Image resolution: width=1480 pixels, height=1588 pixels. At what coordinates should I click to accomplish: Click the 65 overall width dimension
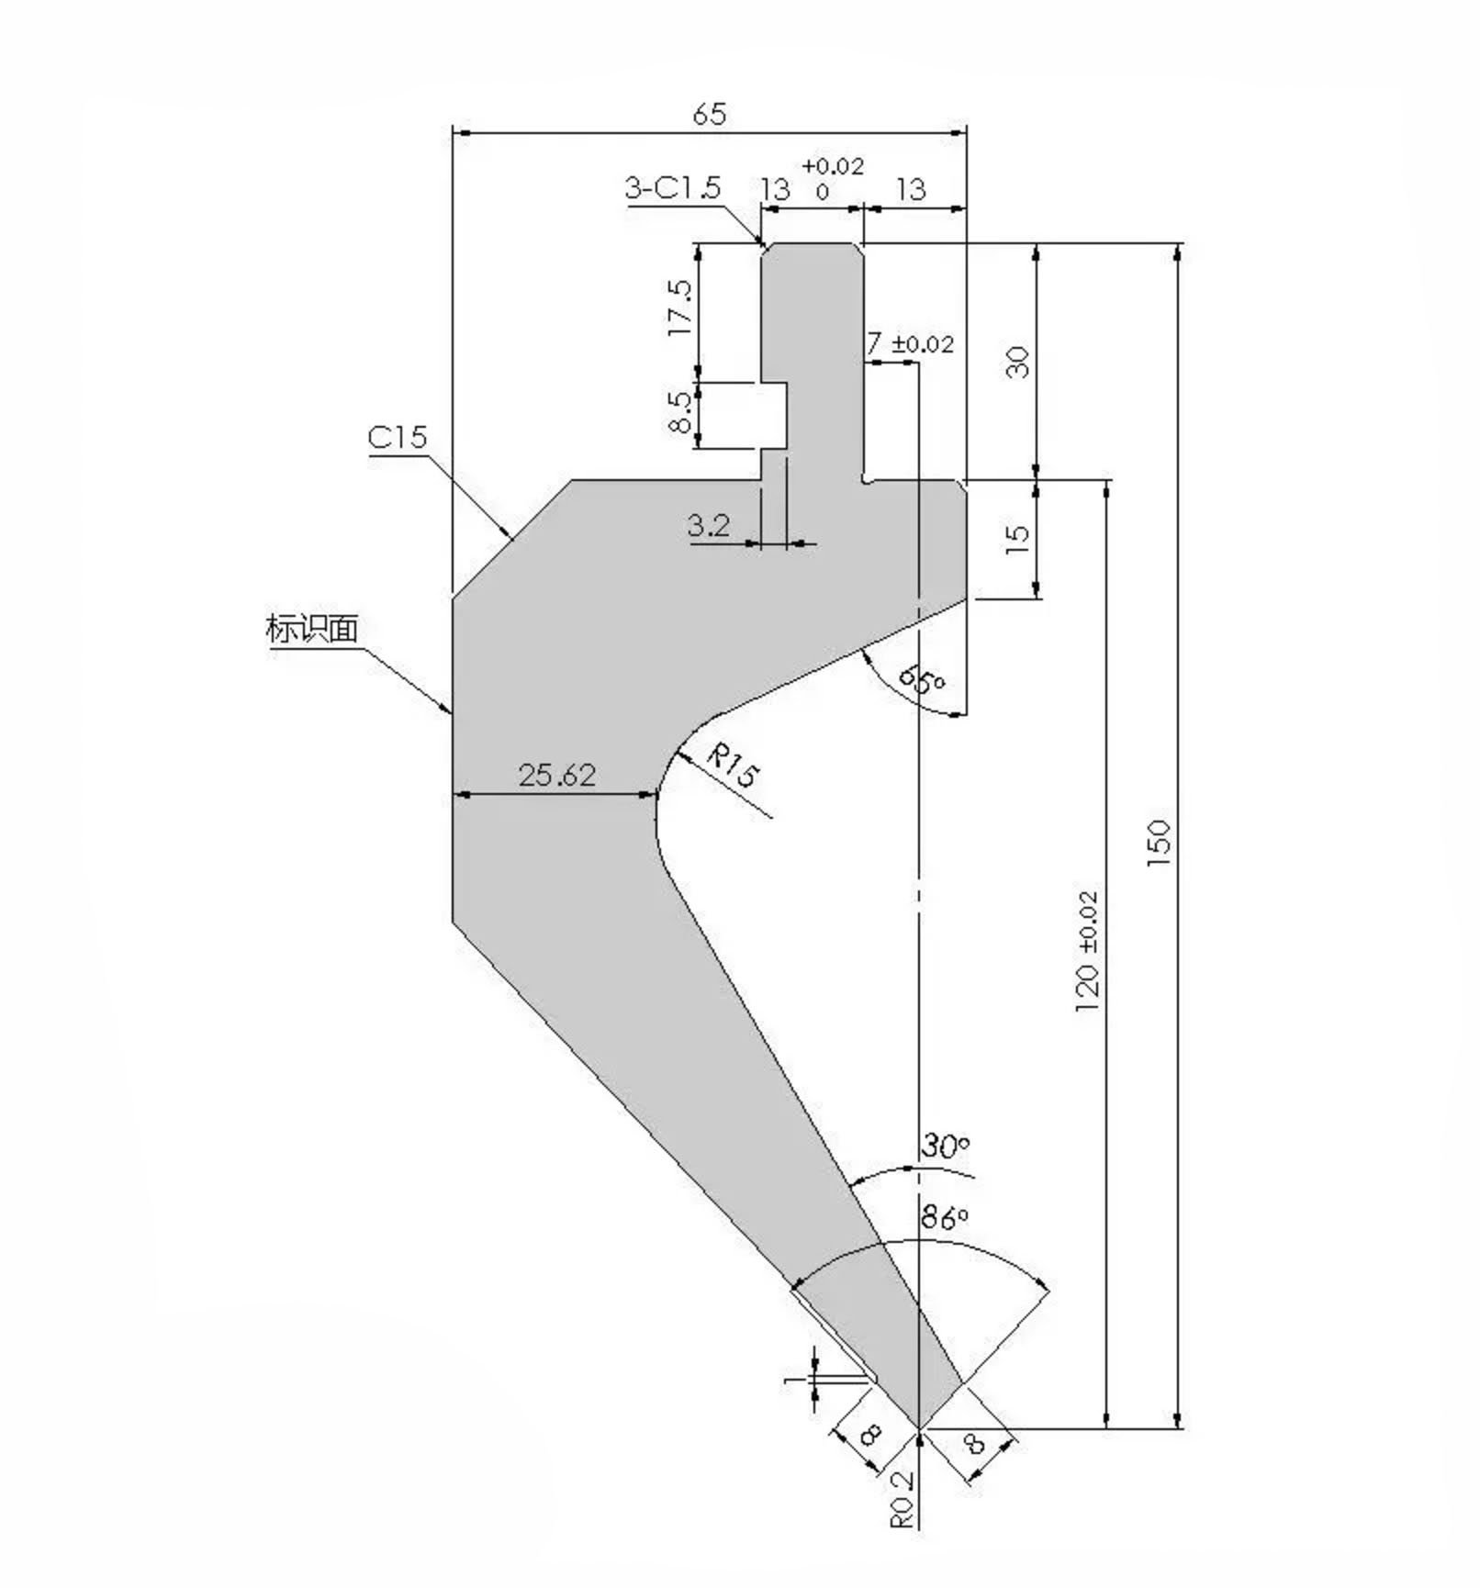[709, 115]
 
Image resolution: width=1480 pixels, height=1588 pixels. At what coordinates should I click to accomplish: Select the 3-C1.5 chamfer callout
[672, 188]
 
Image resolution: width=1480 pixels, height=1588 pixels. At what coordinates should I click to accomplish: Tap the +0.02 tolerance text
[832, 166]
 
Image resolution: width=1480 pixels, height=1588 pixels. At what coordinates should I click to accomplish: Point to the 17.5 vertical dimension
[680, 308]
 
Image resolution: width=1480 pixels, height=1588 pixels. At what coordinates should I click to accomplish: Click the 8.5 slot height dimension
[680, 412]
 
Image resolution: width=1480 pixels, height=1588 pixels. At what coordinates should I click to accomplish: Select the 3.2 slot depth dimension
[709, 526]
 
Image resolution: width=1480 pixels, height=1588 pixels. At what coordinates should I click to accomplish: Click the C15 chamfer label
[398, 437]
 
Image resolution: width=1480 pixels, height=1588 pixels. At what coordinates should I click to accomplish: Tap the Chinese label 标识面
[311, 630]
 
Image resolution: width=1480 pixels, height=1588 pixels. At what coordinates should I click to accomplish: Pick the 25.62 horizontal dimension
[557, 776]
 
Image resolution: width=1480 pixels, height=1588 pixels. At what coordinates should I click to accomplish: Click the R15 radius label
[733, 767]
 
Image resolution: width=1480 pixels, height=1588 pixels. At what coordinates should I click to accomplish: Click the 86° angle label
[945, 1218]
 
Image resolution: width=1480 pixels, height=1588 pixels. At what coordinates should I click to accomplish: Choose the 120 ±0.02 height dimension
[1087, 951]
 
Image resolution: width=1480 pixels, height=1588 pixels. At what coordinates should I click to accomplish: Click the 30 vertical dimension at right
[1018, 363]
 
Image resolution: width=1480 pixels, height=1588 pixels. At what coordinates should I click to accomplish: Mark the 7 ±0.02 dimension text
[910, 344]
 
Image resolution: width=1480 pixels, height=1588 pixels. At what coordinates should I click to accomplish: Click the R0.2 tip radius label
[903, 1499]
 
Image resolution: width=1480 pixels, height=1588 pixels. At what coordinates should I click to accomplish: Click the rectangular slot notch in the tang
[774, 416]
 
